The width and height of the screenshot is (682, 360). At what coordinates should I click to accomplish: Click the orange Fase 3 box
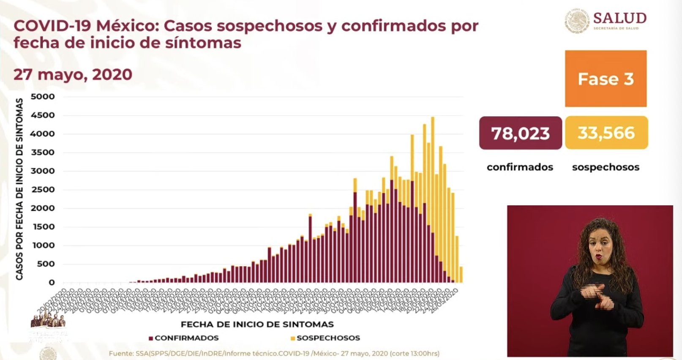(606, 79)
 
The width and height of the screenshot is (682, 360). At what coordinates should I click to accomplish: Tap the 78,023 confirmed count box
(520, 133)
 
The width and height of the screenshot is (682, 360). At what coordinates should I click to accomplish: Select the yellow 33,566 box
(606, 133)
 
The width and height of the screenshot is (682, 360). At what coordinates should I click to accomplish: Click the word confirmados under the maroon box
(520, 167)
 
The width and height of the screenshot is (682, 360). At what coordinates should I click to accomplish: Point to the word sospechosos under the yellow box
(606, 167)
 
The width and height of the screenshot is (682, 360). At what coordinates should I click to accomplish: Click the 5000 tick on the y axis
(43, 96)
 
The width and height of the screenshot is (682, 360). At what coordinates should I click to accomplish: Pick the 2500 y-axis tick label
(43, 189)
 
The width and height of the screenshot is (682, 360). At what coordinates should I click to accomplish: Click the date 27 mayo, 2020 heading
(73, 74)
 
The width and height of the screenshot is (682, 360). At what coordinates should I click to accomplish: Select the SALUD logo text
(619, 18)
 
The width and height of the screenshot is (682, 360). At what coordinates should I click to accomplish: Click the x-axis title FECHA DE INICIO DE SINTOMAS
(257, 325)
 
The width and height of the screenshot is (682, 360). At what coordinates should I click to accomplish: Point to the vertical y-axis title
(19, 189)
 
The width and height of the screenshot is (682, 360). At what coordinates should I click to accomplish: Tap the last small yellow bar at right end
(461, 275)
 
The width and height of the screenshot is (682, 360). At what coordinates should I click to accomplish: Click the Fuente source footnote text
(274, 353)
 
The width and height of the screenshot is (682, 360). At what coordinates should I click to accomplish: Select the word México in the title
(127, 26)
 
